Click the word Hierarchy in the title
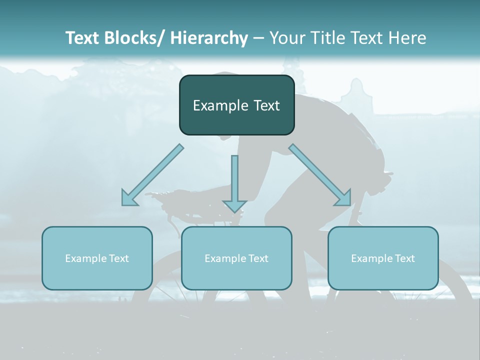tap(209, 38)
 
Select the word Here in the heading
tap(407, 38)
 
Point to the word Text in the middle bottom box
tap(257, 258)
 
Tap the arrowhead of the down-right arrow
tap(344, 198)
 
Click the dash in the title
tap(258, 38)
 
